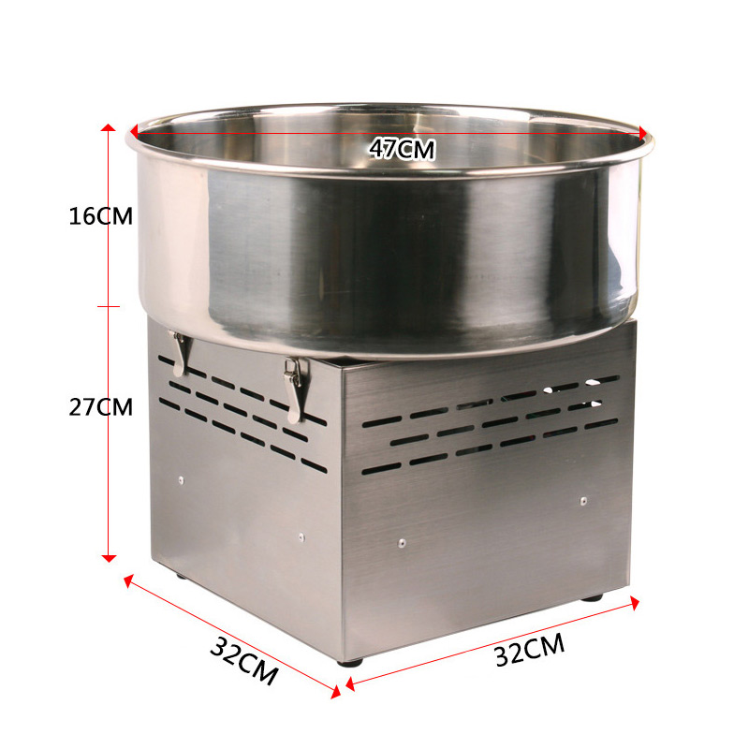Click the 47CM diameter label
pyautogui.click(x=403, y=148)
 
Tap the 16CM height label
pyautogui.click(x=101, y=216)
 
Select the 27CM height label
pyautogui.click(x=101, y=407)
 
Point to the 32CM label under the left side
pyautogui.click(x=243, y=661)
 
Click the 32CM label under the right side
pyautogui.click(x=530, y=649)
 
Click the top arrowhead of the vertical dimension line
pyautogui.click(x=109, y=127)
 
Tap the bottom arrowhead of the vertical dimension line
pyautogui.click(x=109, y=558)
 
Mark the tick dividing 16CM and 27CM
pyautogui.click(x=109, y=306)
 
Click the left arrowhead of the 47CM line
pyautogui.click(x=134, y=130)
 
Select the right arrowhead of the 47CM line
pyautogui.click(x=642, y=132)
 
